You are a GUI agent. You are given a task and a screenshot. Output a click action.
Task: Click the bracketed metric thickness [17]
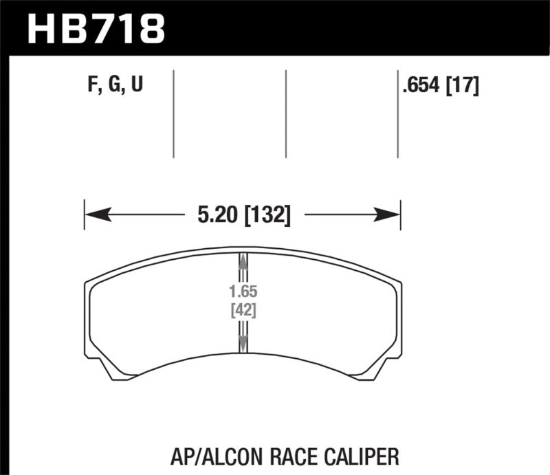[x=463, y=86]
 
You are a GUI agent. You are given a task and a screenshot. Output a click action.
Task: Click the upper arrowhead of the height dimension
[x=242, y=260]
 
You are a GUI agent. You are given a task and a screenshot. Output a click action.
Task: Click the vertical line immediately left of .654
[x=397, y=113]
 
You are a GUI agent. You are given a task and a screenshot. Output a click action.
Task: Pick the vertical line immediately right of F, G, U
[x=173, y=113]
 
